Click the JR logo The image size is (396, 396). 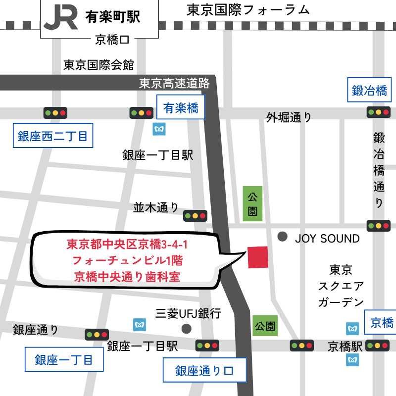click(60, 17)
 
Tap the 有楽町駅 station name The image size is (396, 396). click(112, 17)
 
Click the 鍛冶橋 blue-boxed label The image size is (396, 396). click(369, 90)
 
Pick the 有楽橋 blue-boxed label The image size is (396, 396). click(181, 107)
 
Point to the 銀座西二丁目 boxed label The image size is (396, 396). click(52, 136)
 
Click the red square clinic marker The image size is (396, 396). click(257, 257)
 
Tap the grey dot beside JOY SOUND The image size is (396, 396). click(283, 237)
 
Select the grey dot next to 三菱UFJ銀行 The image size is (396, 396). click(186, 328)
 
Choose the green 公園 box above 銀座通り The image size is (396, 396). click(265, 326)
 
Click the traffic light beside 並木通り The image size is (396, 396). click(195, 216)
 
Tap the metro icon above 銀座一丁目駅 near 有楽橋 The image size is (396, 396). click(159, 129)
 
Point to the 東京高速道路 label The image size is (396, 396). click(174, 83)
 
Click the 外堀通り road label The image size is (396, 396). click(289, 117)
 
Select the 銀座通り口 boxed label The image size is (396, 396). click(204, 370)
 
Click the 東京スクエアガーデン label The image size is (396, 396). click(341, 286)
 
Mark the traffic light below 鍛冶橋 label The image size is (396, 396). click(379, 112)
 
